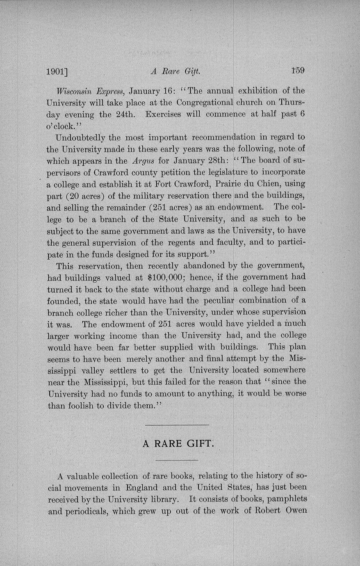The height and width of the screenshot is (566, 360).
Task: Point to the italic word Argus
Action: pyautogui.click(x=143, y=160)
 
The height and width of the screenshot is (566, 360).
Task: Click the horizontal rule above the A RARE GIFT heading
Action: pyautogui.click(x=177, y=425)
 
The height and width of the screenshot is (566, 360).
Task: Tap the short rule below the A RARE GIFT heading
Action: pyautogui.click(x=177, y=460)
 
